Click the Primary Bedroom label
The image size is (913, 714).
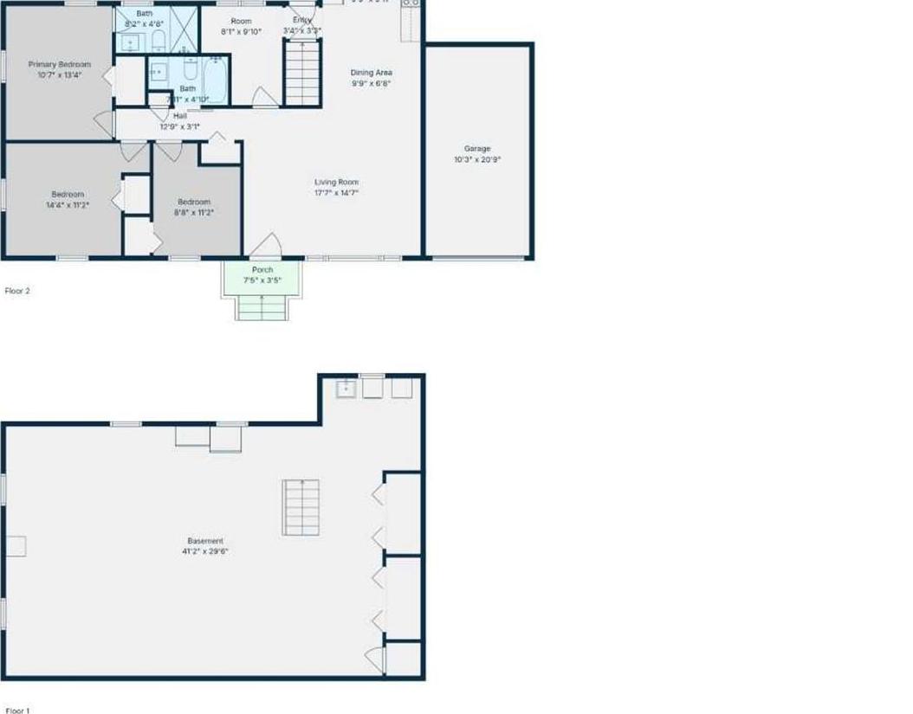(59, 64)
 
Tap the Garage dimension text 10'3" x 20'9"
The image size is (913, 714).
(477, 160)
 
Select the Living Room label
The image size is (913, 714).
(336, 183)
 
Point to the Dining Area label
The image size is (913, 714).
(371, 73)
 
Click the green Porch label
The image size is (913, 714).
(262, 270)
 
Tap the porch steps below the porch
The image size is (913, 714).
(262, 307)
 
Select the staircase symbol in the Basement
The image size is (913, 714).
(301, 507)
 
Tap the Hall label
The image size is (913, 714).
(179, 116)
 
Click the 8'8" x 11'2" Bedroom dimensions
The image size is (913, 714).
(194, 212)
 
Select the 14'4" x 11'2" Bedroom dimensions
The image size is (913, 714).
(68, 206)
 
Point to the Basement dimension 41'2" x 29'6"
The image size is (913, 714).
(206, 551)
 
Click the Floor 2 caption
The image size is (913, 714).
(17, 292)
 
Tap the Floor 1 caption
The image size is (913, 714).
(17, 711)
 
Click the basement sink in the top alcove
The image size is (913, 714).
(346, 389)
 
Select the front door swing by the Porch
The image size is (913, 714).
(266, 246)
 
